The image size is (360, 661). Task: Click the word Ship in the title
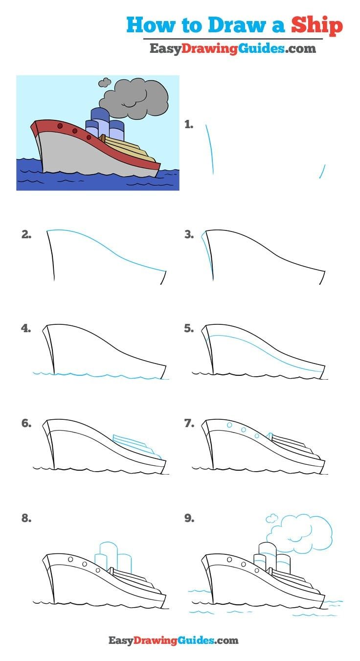317,25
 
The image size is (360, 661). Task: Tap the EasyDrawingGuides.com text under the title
232,48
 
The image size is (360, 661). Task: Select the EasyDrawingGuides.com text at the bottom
173,640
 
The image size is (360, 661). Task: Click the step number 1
189,125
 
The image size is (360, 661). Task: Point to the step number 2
26,234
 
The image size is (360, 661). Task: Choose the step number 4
26,328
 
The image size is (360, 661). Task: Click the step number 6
26,423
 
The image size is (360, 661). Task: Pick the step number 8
26,518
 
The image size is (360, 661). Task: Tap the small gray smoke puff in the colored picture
104,83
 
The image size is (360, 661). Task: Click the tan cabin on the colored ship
129,149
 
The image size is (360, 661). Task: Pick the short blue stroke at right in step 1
322,171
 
